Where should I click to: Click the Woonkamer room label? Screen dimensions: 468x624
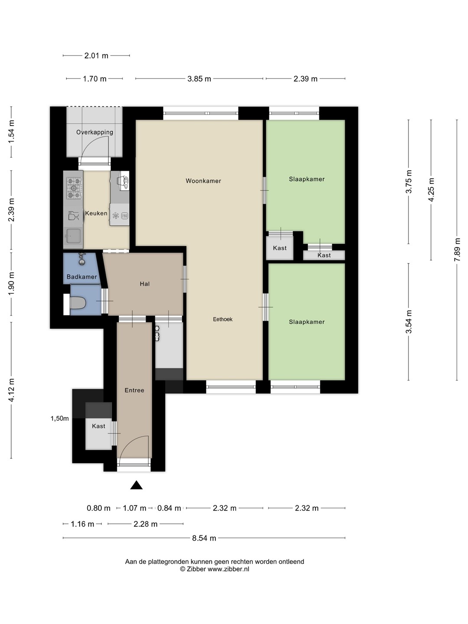tap(203, 181)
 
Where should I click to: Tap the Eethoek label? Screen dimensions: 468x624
tap(222, 319)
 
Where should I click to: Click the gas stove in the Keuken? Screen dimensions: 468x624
tap(74, 188)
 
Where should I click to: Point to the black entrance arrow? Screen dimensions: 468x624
tap(136, 485)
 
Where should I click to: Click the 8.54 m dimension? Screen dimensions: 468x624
tap(204, 538)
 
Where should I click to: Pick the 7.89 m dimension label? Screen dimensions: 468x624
tap(457, 250)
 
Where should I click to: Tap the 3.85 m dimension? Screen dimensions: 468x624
tap(199, 79)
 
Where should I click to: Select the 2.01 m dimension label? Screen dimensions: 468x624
tap(96, 56)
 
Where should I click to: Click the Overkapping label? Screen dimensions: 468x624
tap(94, 132)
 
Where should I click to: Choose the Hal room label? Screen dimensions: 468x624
tap(145, 284)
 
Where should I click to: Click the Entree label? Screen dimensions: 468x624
tap(134, 390)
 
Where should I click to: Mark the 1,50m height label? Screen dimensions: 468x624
tap(60, 418)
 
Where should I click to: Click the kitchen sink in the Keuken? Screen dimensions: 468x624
tap(73, 236)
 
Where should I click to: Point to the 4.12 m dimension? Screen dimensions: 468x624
tap(11, 390)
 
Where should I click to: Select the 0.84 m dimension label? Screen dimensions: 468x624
tap(169, 508)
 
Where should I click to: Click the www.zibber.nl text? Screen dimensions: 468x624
tap(228, 569)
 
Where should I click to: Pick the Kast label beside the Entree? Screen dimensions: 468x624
tap(99, 426)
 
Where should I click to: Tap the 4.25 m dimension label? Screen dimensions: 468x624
tap(431, 190)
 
